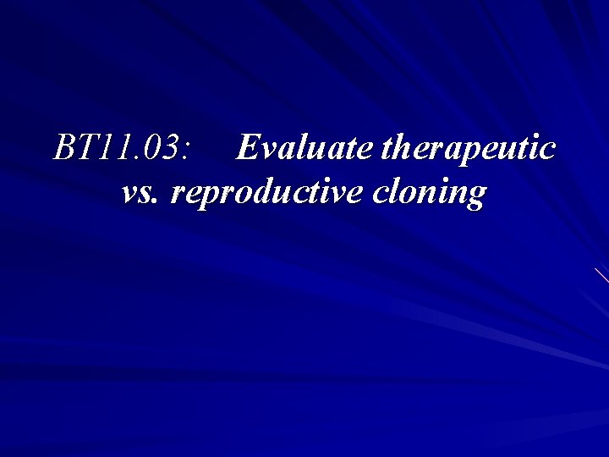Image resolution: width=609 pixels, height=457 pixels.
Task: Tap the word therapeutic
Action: (x=469, y=149)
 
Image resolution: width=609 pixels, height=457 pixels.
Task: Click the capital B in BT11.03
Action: (x=64, y=149)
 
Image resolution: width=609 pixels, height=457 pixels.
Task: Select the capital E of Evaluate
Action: (x=246, y=149)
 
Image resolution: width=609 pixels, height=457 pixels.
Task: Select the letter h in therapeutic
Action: (x=399, y=149)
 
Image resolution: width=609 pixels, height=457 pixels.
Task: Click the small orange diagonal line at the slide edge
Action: (x=601, y=274)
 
